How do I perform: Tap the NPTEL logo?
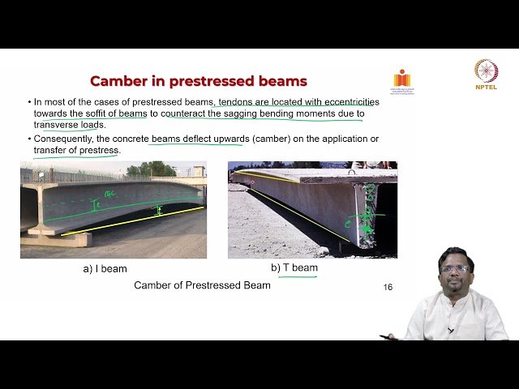point(486,75)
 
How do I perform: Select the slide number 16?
point(388,287)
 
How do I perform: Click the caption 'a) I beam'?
point(105,268)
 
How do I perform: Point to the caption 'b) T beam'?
point(294,267)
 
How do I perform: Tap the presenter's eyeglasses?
point(455,268)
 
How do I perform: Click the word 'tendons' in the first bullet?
point(238,102)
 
